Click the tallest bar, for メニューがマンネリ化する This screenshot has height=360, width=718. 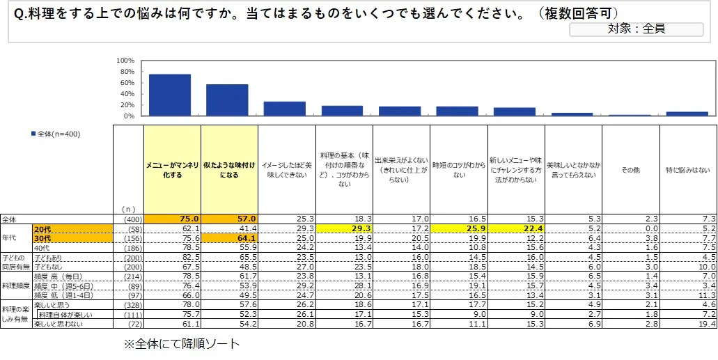[170, 95]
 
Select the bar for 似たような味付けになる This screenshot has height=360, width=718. [227, 100]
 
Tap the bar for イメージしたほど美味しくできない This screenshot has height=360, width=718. [284, 109]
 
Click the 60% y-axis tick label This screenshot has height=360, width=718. [127, 83]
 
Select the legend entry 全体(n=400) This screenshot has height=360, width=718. [55, 134]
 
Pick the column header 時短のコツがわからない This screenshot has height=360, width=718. [458, 169]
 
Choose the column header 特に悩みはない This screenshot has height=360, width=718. [687, 169]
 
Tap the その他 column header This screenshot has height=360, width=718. [630, 169]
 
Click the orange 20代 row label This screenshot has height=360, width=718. [73, 228]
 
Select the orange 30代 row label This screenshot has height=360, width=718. [73, 237]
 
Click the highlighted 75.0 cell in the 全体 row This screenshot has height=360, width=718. [172, 219]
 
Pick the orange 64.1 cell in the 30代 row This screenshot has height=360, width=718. [229, 237]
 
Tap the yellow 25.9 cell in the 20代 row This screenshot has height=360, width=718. [458, 228]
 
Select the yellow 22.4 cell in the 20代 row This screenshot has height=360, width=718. [515, 228]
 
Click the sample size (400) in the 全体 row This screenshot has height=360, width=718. [128, 219]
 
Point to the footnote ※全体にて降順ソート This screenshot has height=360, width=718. [181, 343]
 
